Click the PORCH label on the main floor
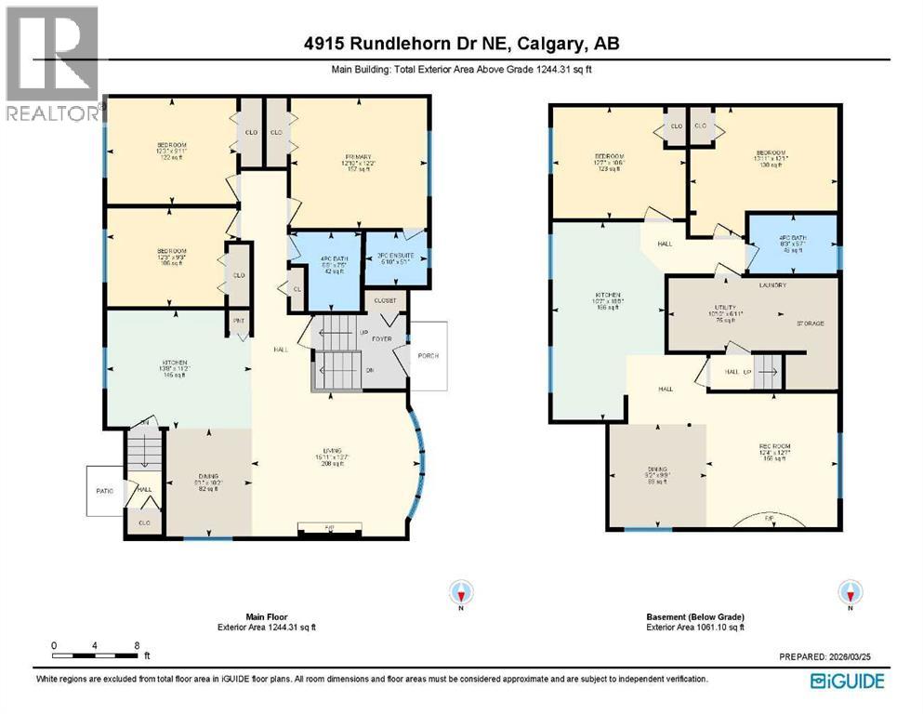(428, 356)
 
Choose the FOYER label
(383, 340)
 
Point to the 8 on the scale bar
(137, 644)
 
